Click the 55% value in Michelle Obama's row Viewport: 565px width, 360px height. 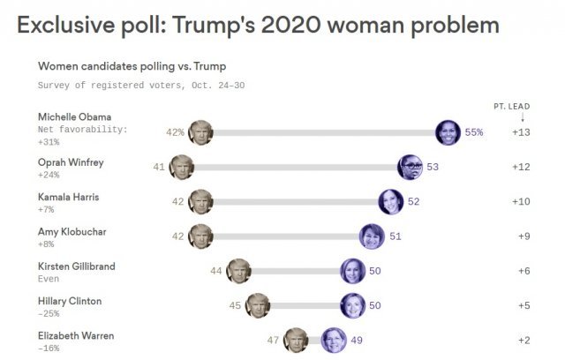pyautogui.click(x=474, y=132)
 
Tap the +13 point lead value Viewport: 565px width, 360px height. pyautogui.click(x=522, y=132)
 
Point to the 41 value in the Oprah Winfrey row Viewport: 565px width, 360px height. pyautogui.click(x=159, y=166)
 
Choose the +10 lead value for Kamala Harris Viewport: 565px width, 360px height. pyautogui.click(x=522, y=202)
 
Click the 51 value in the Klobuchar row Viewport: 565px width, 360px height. pyautogui.click(x=395, y=236)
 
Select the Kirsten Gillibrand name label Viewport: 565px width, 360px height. pyautogui.click(x=77, y=266)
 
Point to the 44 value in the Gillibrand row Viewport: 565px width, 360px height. pyautogui.click(x=216, y=271)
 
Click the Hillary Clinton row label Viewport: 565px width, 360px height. pyautogui.click(x=71, y=301)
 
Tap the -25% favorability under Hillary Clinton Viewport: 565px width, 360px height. pyautogui.click(x=49, y=314)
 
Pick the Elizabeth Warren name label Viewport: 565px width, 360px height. pyautogui.click(x=76, y=335)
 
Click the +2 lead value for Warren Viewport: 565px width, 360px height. pyautogui.click(x=522, y=341)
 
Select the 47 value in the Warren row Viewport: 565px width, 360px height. pyautogui.click(x=274, y=341)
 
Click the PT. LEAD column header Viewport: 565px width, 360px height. pyautogui.click(x=511, y=107)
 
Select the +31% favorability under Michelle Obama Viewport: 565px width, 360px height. pyautogui.click(x=50, y=142)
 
